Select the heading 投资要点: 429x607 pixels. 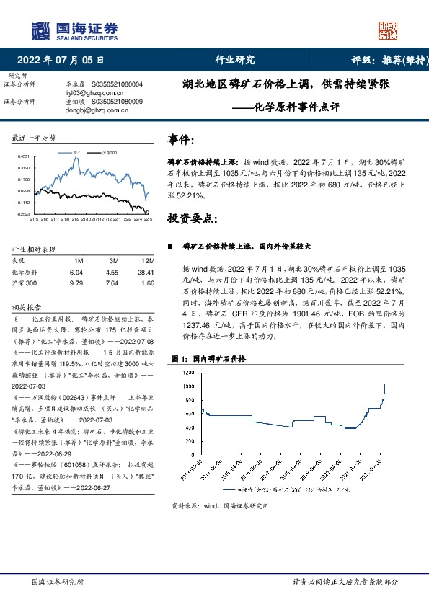tap(191, 218)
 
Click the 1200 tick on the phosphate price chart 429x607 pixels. tap(188, 372)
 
